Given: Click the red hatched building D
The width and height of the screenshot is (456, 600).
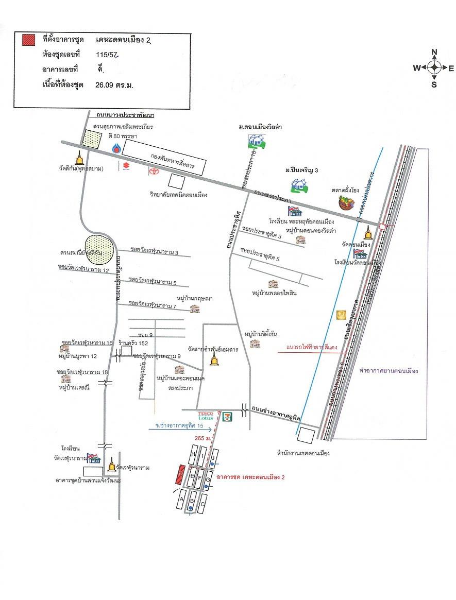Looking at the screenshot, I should pyautogui.click(x=180, y=474).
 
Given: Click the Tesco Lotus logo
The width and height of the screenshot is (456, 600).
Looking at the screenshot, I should pyautogui.click(x=206, y=416).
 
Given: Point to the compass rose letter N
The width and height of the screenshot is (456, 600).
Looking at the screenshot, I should pyautogui.click(x=434, y=52).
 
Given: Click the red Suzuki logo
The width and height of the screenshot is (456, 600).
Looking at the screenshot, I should pyautogui.click(x=125, y=166).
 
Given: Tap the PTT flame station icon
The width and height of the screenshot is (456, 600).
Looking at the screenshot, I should pyautogui.click(x=116, y=149).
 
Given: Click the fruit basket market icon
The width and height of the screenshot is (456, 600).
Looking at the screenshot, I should pyautogui.click(x=346, y=202).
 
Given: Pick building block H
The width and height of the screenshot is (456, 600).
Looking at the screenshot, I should pyautogui.click(x=194, y=455).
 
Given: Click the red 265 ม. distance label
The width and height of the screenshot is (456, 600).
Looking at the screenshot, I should pyautogui.click(x=197, y=438).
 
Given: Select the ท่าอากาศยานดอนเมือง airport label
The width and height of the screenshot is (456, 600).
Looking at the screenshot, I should pyautogui.click(x=388, y=370).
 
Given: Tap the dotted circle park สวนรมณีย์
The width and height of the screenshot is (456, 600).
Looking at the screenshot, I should pyautogui.click(x=98, y=247).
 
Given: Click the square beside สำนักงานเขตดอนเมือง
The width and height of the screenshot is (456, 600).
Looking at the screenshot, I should pyautogui.click(x=307, y=436).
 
